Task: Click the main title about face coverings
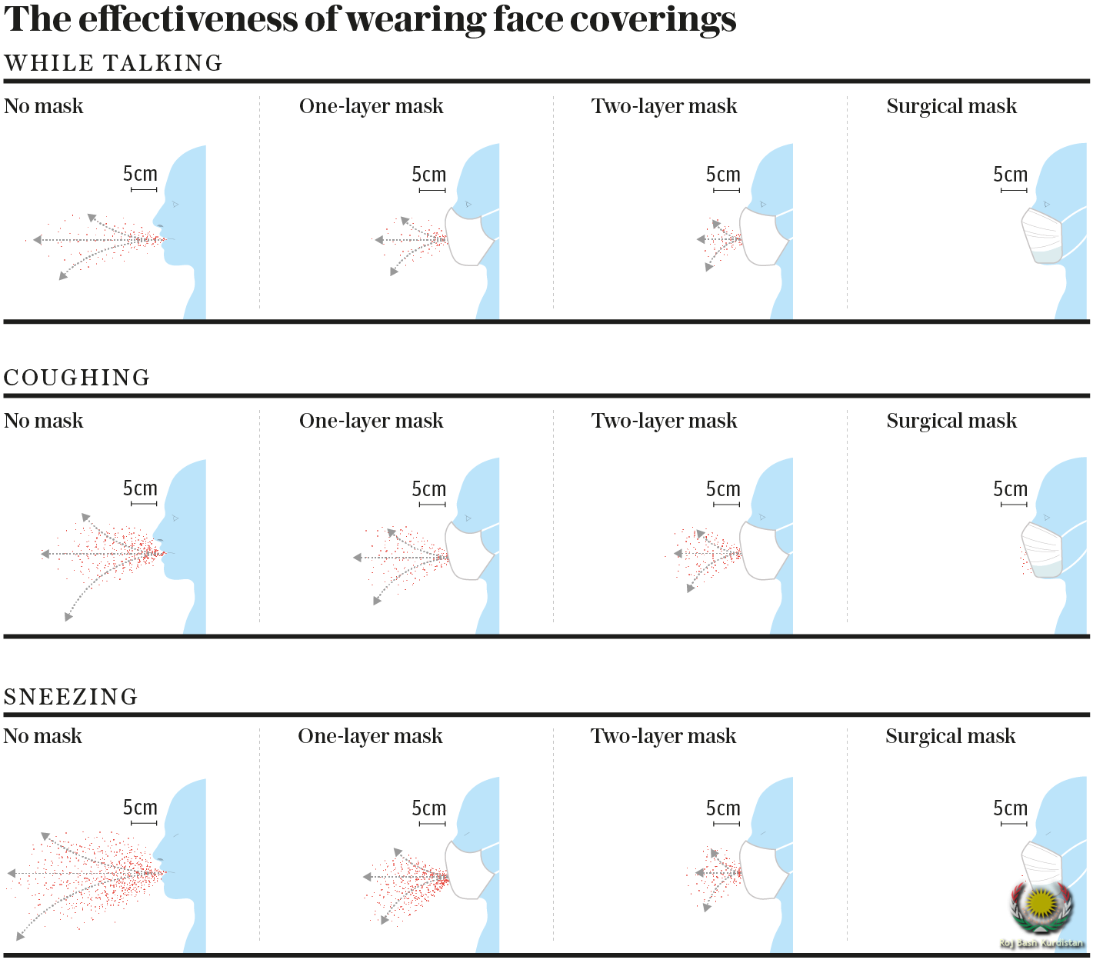pos(370,18)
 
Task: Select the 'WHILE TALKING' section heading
pos(113,63)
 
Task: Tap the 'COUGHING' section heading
pos(77,378)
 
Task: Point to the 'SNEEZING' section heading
pos(71,697)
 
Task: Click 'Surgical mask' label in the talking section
pos(951,106)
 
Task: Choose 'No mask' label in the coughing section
pos(44,421)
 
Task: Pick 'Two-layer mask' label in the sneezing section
pos(663,736)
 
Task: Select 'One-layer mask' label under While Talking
pos(371,106)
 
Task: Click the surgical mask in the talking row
pos(1042,235)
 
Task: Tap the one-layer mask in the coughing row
pos(469,551)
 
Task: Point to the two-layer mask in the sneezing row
pos(763,870)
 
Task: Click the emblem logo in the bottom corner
pos(1041,911)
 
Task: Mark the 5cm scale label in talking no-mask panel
pos(140,174)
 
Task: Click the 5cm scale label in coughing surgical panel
pos(1010,489)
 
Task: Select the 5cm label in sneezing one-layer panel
pos(428,808)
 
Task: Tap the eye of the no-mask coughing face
pos(176,518)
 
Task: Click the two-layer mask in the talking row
pos(763,238)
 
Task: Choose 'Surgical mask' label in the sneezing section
pos(950,736)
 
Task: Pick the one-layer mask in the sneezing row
pos(469,870)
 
